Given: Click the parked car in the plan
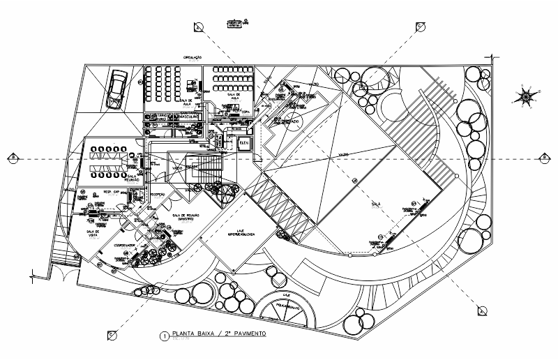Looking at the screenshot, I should (x=115, y=91).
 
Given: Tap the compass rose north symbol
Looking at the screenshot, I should (x=527, y=94).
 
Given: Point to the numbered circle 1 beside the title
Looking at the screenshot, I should (x=165, y=336).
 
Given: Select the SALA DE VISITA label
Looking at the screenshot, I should (x=91, y=234).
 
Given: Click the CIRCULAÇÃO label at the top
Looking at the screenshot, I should (x=193, y=58).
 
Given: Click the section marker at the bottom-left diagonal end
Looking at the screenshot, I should (x=112, y=336).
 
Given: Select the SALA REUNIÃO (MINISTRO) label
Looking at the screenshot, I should (x=186, y=218).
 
